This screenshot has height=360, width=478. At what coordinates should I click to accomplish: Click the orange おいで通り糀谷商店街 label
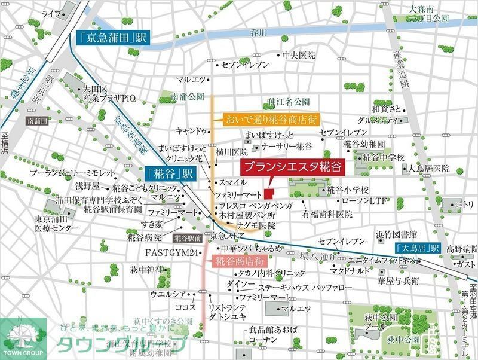[272, 118]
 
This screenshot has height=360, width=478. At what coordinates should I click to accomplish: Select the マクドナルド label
[353, 271]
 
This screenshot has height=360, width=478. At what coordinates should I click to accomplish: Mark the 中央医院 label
[298, 55]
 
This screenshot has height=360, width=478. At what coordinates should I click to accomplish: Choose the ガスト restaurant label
[464, 263]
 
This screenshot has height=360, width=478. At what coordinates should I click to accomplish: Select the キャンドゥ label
[191, 130]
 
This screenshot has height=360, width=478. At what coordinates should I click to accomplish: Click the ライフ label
[51, 13]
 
